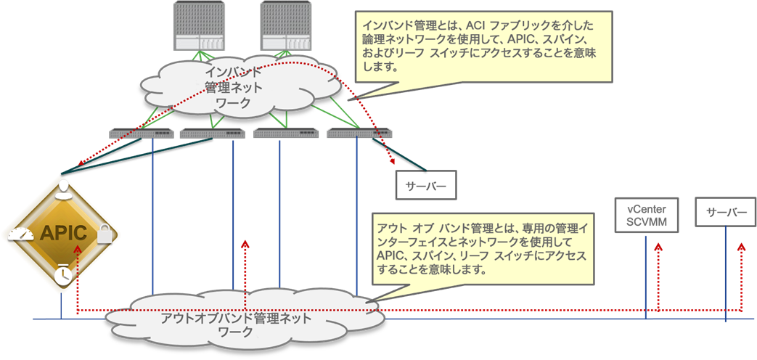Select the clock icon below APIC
(63, 274)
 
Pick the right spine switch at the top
(283, 25)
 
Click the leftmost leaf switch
(141, 133)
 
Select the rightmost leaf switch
(359, 133)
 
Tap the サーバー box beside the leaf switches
(425, 185)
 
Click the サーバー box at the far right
(726, 212)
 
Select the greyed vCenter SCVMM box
(646, 215)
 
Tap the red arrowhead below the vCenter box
(658, 247)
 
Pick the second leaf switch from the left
(212, 133)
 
